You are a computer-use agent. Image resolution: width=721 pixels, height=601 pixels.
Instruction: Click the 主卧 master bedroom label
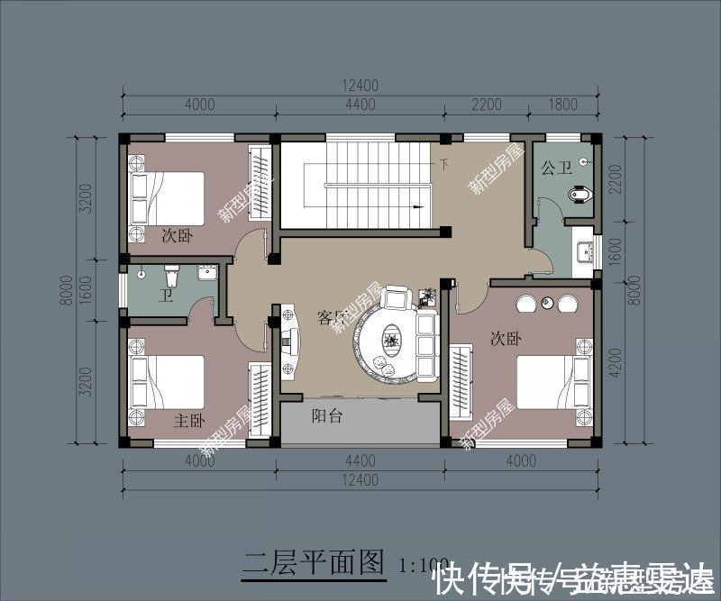tap(189, 421)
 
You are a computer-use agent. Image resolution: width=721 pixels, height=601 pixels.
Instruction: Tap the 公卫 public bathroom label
tap(557, 168)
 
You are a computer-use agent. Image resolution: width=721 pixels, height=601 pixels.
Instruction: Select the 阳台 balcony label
tap(325, 416)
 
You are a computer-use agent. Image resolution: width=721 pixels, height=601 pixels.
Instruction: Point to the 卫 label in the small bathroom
tap(165, 296)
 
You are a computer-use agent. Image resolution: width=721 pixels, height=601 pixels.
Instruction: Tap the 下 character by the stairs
tap(443, 165)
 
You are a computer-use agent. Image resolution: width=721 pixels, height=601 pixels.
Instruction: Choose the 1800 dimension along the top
tap(562, 105)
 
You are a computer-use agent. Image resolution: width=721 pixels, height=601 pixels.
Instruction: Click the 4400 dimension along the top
tap(360, 105)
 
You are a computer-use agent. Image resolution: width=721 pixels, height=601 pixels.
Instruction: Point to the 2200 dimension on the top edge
tap(486, 105)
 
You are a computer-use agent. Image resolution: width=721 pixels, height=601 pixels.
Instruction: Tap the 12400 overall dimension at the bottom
tap(360, 480)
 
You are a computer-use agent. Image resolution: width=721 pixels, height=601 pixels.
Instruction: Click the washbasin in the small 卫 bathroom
tap(206, 273)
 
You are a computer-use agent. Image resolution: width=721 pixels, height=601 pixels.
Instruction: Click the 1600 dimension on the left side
tap(85, 288)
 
